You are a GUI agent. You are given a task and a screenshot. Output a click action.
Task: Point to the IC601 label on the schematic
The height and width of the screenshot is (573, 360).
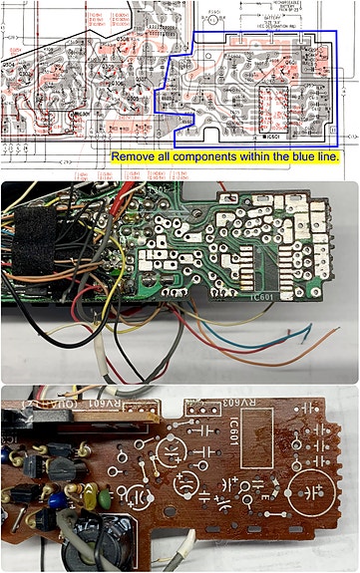point(272,136)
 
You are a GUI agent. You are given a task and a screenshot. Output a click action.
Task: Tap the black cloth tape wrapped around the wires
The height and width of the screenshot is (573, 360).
point(39,248)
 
